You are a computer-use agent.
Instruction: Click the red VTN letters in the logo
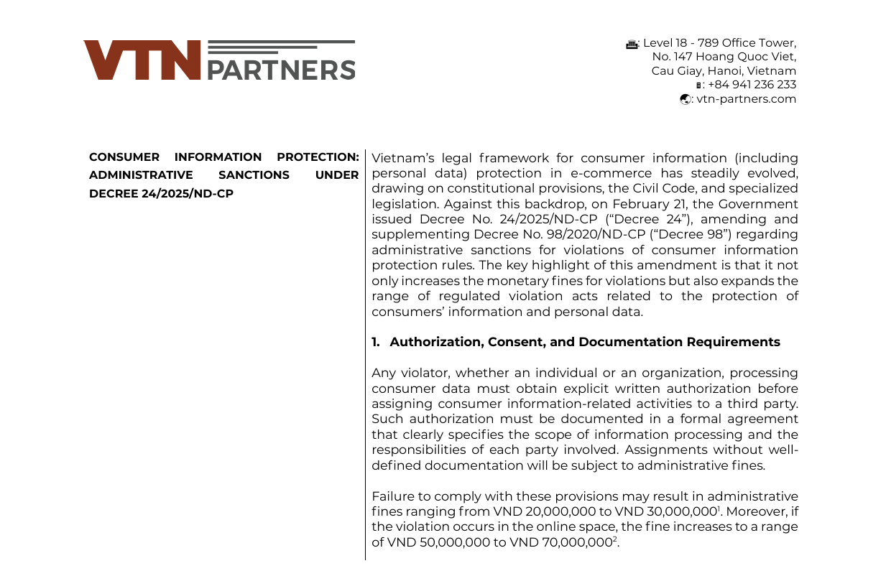142,60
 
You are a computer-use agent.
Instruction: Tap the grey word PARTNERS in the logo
281,70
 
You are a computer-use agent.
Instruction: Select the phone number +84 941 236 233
752,85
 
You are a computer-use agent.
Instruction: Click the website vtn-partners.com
746,99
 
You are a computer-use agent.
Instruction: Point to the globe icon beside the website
686,100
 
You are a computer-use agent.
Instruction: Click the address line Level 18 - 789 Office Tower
719,42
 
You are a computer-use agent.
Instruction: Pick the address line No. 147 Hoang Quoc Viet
724,57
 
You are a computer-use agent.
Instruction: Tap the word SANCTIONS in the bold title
254,175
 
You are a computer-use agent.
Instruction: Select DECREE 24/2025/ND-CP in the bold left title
161,194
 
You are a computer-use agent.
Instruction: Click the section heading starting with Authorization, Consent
584,342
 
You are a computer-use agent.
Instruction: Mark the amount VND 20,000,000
537,511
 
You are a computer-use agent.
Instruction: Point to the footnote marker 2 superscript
615,539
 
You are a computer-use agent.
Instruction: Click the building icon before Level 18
632,43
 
